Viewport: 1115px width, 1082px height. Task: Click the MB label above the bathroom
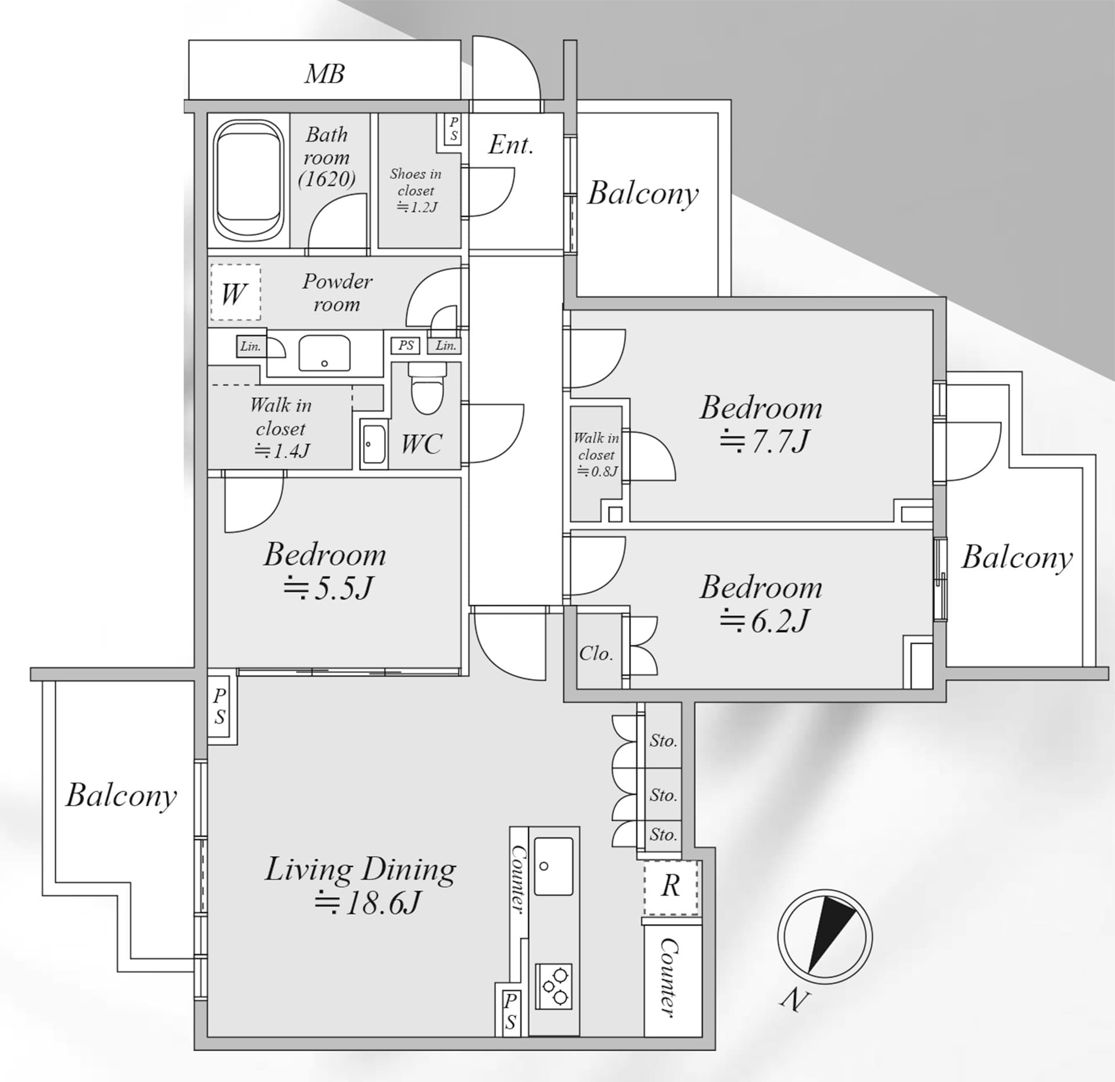coord(325,74)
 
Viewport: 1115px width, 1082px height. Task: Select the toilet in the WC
coord(427,388)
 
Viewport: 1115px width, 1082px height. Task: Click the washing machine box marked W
coord(235,293)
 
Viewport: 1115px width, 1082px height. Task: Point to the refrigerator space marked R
coord(671,888)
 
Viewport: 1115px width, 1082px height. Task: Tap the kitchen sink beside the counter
coord(553,867)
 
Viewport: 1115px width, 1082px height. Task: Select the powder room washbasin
coord(325,352)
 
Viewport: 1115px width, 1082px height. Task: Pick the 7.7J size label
coord(764,441)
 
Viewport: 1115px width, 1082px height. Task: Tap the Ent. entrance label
coord(510,145)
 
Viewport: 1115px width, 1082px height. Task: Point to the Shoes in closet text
coord(416,182)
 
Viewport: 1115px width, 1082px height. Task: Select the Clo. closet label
coord(596,654)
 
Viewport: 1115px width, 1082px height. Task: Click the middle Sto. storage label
coord(663,795)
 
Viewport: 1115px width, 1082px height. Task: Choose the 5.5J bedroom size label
coord(328,588)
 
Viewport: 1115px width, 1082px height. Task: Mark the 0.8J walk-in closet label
coord(597,471)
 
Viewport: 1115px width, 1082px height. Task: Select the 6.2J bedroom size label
coord(764,621)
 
